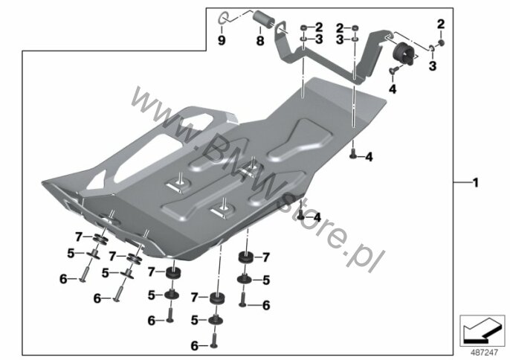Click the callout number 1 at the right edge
476,183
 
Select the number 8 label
260,41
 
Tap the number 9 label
222,41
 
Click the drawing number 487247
485,353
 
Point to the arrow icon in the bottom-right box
482,331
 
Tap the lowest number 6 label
195,346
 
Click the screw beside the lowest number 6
213,340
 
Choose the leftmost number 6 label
63,279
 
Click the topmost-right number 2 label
441,25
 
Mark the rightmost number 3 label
432,66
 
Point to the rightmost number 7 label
266,257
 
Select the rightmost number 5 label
266,280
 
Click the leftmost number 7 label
78,237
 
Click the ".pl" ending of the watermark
364,257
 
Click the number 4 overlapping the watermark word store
317,217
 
